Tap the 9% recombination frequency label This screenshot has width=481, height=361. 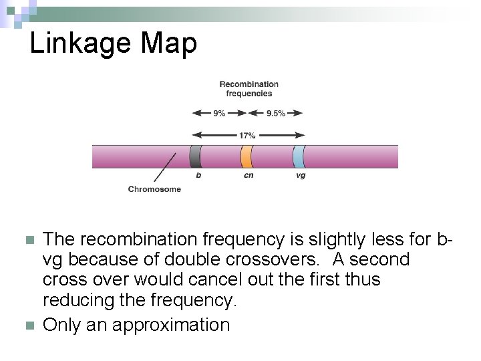(219, 113)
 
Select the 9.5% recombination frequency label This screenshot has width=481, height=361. (275, 113)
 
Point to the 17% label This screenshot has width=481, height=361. (247, 135)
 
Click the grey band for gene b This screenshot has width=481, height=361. (195, 156)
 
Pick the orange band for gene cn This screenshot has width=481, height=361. (247, 156)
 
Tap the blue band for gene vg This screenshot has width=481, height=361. (299, 156)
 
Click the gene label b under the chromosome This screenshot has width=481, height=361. (198, 176)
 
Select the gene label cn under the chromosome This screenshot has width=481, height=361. (248, 176)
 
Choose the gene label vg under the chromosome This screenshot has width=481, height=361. (301, 176)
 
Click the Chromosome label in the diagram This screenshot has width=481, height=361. (154, 189)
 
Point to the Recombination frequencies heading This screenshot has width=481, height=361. (249, 88)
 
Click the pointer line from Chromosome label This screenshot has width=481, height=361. (165, 168)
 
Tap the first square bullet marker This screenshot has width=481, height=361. (28, 239)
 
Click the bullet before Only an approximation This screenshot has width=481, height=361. (28, 326)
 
